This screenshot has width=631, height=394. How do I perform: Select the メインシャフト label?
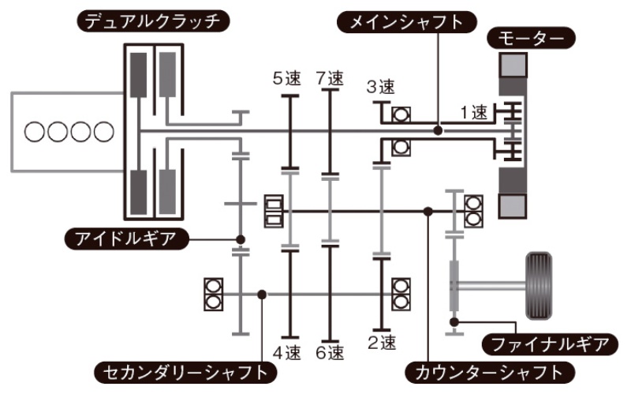[x=401, y=21]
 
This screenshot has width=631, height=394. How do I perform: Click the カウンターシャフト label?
[x=486, y=370]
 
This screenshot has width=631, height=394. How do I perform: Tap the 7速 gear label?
[x=330, y=79]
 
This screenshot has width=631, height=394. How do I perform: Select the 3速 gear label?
[x=380, y=87]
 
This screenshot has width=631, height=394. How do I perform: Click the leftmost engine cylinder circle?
[x=35, y=131]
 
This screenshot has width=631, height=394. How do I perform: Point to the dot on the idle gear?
[x=240, y=238]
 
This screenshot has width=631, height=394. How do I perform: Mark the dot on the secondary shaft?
[x=262, y=295]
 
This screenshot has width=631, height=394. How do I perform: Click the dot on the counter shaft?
[x=427, y=211]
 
